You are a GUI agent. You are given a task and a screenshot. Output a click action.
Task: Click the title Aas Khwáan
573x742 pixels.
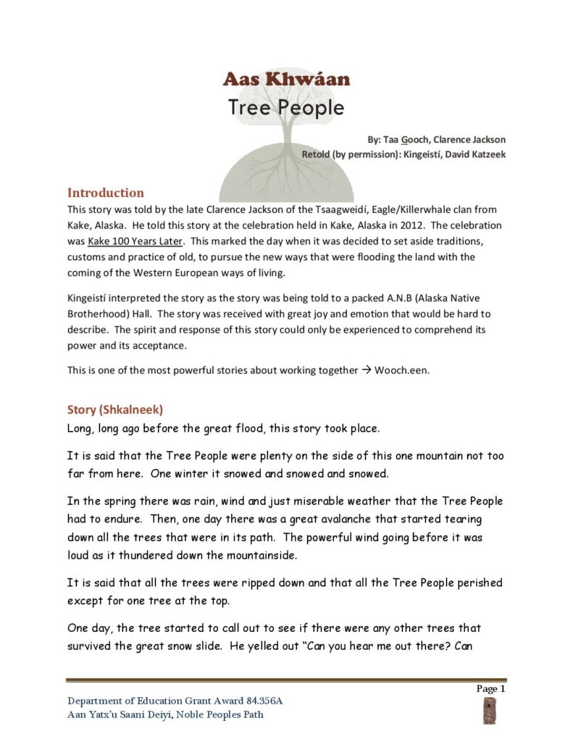tap(286, 79)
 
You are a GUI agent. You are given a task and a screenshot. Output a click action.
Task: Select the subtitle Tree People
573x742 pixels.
tap(286, 107)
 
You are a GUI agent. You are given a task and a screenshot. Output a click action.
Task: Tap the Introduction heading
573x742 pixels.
tap(106, 193)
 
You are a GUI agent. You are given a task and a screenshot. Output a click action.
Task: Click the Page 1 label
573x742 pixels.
tap(490, 689)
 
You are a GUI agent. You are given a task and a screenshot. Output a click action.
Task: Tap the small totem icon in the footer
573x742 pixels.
tap(489, 710)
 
